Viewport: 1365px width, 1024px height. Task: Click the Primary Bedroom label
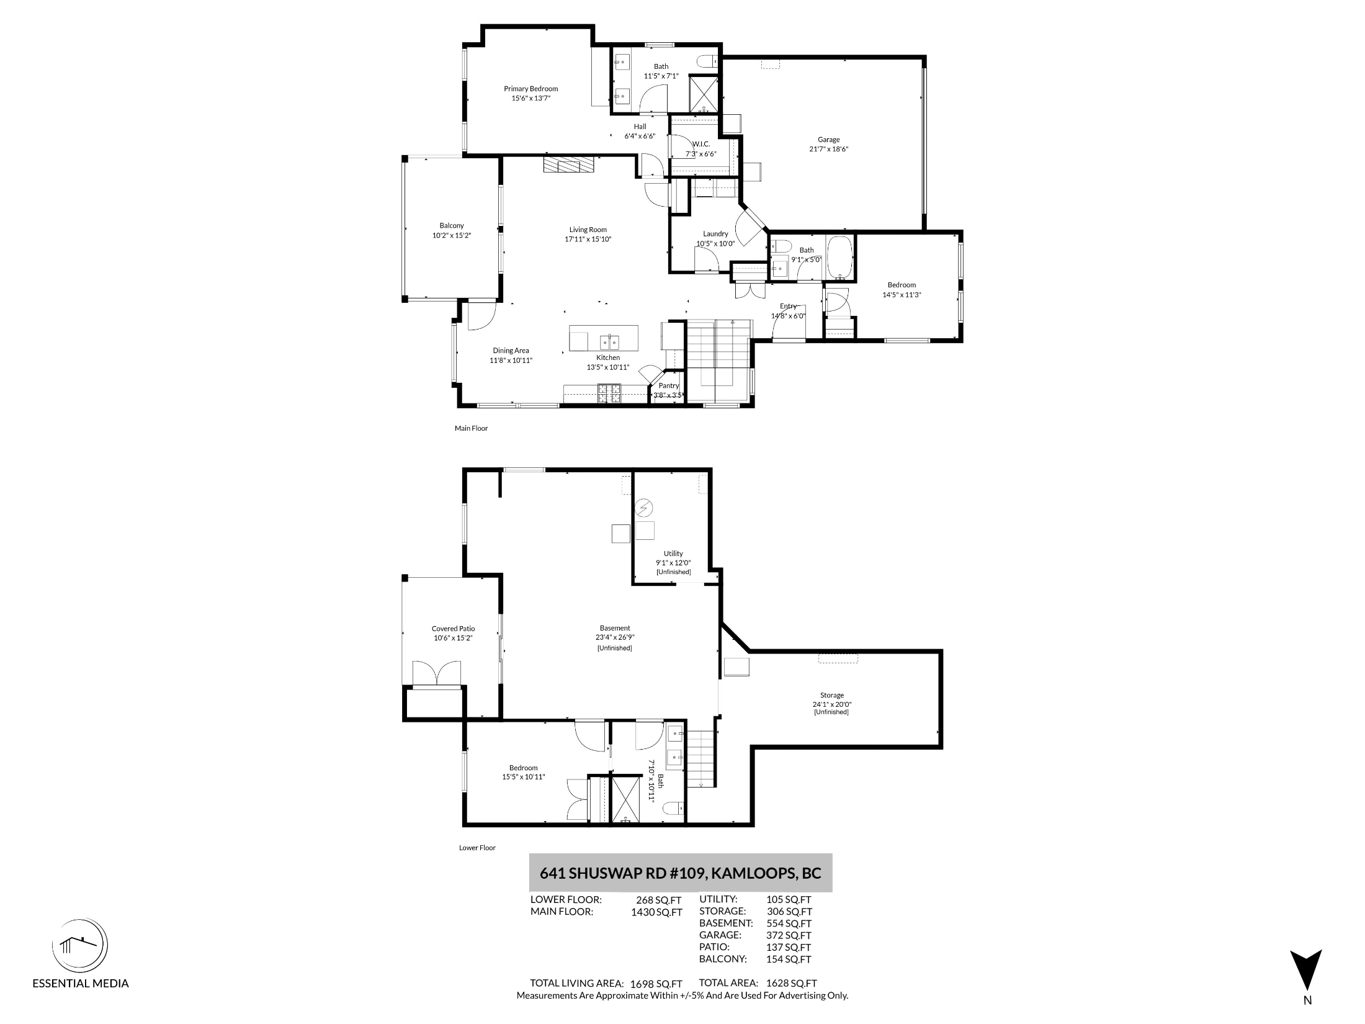[530, 89]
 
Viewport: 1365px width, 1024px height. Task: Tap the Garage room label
[828, 140]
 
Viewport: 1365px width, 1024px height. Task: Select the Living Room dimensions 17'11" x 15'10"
[588, 239]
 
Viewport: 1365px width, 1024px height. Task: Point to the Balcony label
[452, 226]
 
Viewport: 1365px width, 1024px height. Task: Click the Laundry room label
[715, 234]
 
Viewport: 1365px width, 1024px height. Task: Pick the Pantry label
[669, 385]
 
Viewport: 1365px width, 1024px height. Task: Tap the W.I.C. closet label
[701, 144]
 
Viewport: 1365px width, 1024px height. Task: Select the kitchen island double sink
[609, 342]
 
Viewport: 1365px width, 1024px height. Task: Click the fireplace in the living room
[568, 165]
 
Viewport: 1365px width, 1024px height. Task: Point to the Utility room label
[673, 554]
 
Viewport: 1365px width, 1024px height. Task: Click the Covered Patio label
[454, 629]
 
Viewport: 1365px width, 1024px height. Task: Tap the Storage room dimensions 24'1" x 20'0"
[832, 704]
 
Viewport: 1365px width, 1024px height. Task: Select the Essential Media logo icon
[80, 946]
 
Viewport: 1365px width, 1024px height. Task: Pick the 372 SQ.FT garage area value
[789, 935]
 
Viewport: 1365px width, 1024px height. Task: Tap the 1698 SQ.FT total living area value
[656, 984]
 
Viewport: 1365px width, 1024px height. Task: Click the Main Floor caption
[472, 428]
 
